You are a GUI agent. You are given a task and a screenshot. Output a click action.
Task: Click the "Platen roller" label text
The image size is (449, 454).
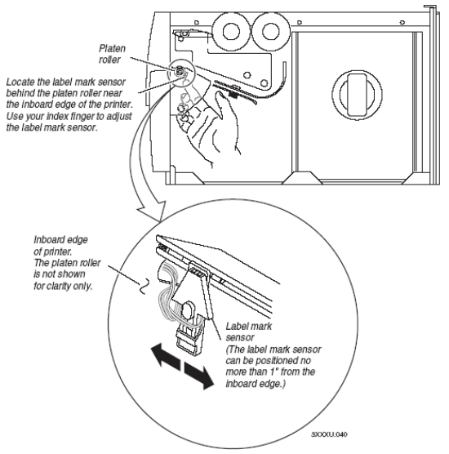pyautogui.click(x=112, y=54)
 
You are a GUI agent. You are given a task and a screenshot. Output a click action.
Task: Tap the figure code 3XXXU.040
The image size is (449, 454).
pyautogui.click(x=329, y=434)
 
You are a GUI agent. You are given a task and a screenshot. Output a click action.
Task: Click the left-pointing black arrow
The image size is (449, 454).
pyautogui.click(x=166, y=355)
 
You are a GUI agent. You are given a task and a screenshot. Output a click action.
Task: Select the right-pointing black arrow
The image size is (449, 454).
pyautogui.click(x=199, y=376)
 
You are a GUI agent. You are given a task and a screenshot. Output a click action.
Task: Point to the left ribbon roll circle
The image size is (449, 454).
pyautogui.click(x=231, y=31)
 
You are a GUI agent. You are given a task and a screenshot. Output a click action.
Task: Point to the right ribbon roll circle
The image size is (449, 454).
pyautogui.click(x=270, y=31)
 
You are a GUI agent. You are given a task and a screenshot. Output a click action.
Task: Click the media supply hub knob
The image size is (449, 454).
pyautogui.click(x=357, y=95)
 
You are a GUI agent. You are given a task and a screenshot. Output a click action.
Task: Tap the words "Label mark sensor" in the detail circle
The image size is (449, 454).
pyautogui.click(x=249, y=332)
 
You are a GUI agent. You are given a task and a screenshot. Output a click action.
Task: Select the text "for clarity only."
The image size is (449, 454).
pyautogui.click(x=63, y=286)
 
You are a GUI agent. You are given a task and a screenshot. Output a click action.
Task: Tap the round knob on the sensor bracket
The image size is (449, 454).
pyautogui.click(x=188, y=309)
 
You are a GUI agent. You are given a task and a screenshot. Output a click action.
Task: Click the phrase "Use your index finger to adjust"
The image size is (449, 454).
pyautogui.click(x=69, y=116)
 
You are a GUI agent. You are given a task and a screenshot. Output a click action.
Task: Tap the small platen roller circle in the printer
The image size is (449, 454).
pyautogui.click(x=179, y=70)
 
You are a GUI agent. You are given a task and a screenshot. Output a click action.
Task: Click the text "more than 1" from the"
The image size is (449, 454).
pyautogui.click(x=270, y=372)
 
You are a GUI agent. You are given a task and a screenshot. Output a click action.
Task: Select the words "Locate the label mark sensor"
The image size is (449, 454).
pyautogui.click(x=65, y=82)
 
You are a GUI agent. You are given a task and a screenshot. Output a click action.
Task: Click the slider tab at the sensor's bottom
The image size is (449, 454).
pyautogui.click(x=188, y=340)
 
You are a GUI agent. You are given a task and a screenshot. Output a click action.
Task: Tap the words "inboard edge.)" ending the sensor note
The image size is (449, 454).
pyautogui.click(x=256, y=384)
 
